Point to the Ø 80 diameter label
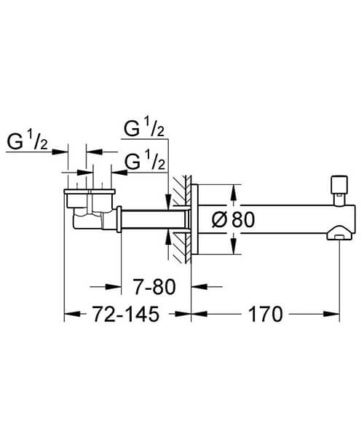point(234,219)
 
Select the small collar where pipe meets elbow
point(118,219)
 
